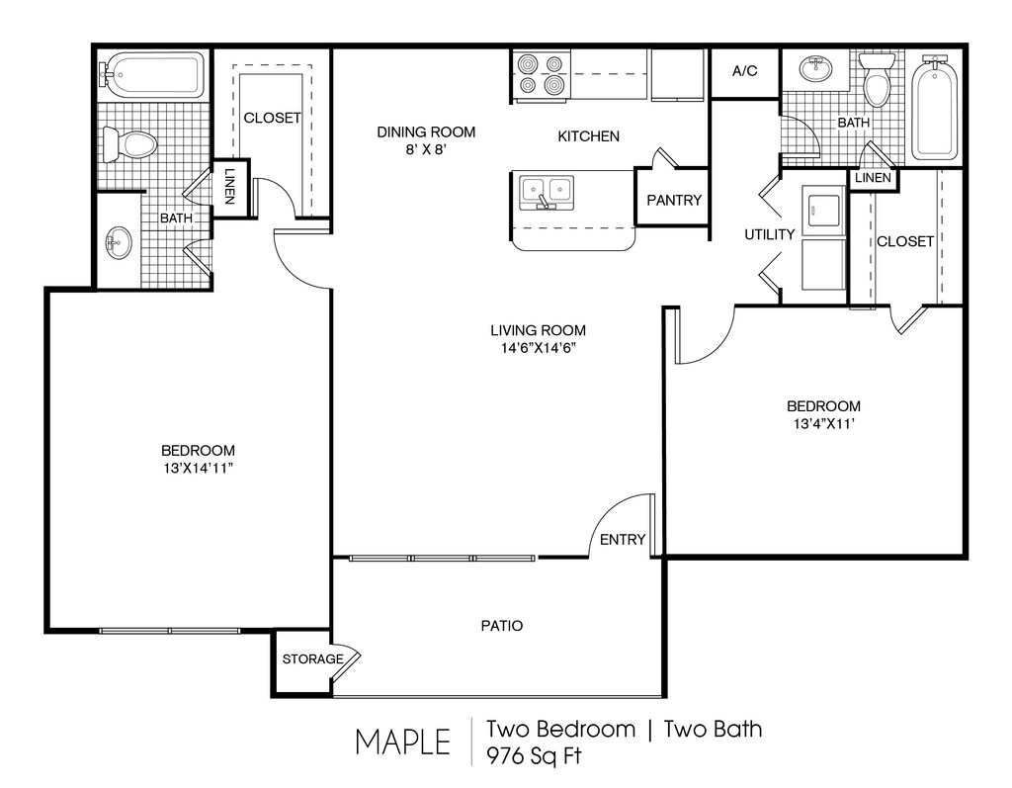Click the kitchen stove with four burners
[542, 75]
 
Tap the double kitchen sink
[546, 191]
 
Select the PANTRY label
[674, 201]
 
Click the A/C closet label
[745, 71]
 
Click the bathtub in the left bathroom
[150, 75]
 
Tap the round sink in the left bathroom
[119, 243]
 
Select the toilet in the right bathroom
[877, 79]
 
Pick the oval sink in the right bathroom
[816, 68]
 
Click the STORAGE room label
[312, 658]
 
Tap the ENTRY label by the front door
[623, 539]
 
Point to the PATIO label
[502, 626]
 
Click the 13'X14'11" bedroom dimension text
[198, 469]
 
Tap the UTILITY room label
[769, 234]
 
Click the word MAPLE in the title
[403, 743]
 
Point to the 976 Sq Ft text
[535, 755]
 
